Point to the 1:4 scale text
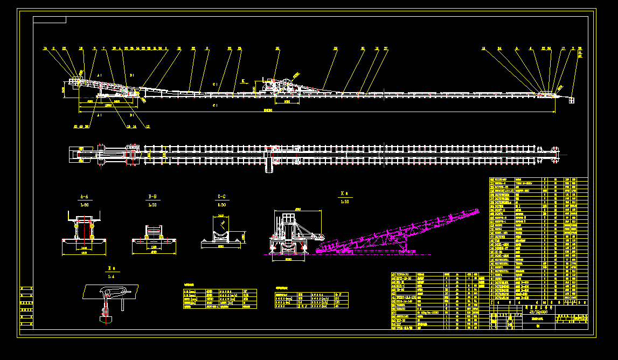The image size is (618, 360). [111, 276]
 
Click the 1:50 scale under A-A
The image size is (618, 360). [84, 205]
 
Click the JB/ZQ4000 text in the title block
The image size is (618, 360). [538, 311]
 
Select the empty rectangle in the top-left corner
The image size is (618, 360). [50, 20]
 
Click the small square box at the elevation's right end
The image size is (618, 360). [572, 100]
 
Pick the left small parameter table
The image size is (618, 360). [220, 299]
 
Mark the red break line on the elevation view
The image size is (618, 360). [382, 93]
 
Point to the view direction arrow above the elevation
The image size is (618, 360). [244, 82]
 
